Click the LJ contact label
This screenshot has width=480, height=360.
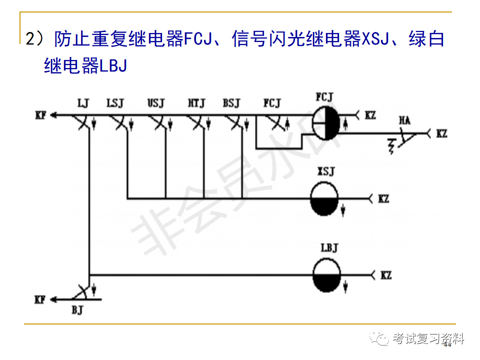point(83,103)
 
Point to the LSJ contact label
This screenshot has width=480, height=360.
point(115,103)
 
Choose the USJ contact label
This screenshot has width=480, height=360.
point(155,103)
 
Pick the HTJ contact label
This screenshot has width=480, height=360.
point(196,103)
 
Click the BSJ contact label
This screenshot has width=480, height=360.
point(231,103)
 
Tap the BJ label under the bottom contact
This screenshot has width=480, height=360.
point(77,310)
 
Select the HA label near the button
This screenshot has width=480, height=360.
point(405,120)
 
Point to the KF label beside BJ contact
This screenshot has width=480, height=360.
point(40,299)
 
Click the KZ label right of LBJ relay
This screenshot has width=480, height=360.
point(386,275)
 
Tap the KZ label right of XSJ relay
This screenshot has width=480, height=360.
point(383,199)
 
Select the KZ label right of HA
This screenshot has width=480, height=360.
point(442,133)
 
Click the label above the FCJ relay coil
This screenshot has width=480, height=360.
point(325,96)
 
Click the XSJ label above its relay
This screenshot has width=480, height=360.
point(325,172)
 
